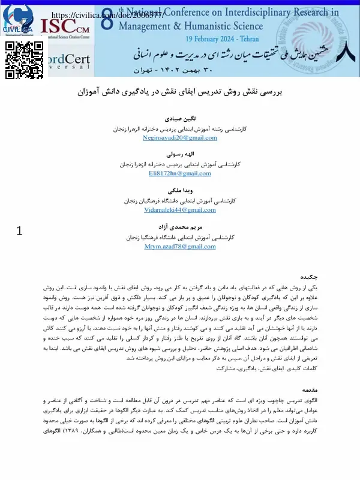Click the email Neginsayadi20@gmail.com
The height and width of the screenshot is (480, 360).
179,138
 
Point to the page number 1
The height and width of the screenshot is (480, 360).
19,230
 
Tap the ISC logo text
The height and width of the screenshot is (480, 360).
66,26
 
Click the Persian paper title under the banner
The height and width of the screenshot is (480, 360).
179,93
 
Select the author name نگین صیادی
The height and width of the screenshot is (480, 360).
179,119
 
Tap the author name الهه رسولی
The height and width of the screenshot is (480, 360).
179,155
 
